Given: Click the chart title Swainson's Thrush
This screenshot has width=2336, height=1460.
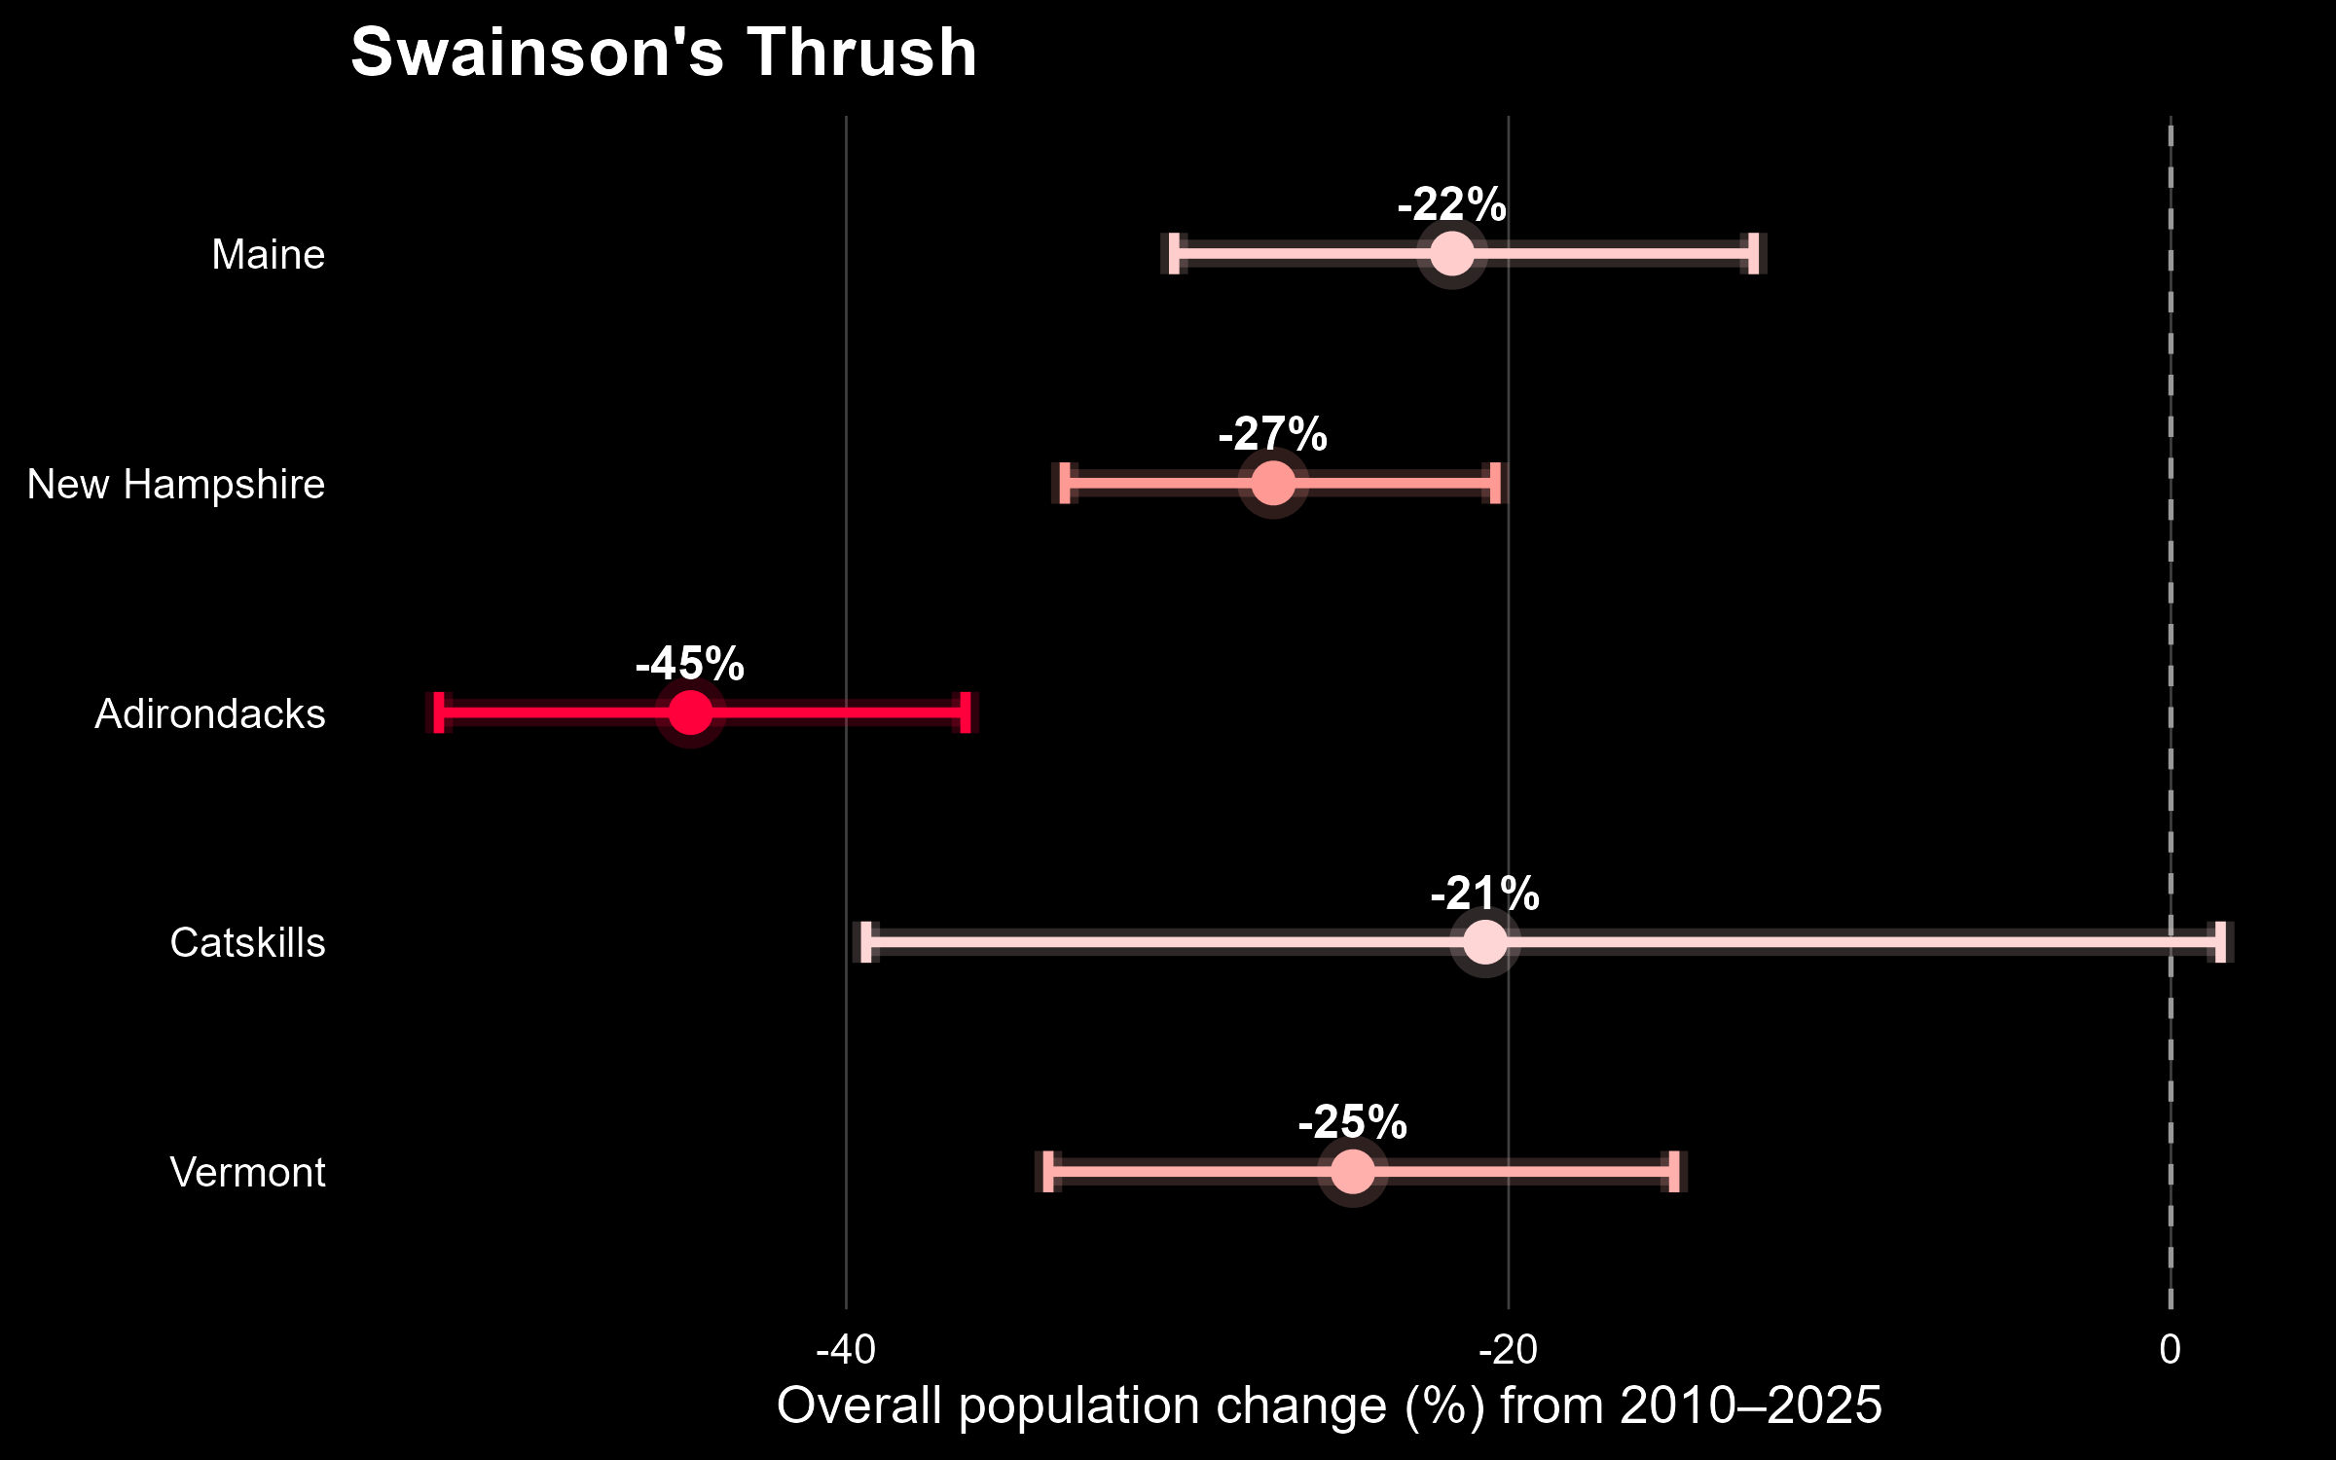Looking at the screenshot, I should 663,53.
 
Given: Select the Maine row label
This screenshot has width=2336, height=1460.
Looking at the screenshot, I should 269,255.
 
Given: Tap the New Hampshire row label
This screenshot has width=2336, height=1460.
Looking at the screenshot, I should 176,485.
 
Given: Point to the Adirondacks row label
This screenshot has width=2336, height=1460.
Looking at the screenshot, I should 210,714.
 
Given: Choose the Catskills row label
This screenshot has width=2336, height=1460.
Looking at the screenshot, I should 247,943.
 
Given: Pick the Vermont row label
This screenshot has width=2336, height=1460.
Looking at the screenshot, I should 247,1173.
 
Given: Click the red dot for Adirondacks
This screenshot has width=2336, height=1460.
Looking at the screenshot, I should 690,712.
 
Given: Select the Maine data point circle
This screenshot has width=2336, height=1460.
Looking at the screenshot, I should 1452,254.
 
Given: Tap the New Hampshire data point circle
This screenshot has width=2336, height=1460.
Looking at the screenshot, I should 1273,484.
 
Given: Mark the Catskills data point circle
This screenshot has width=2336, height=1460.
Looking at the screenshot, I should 1485,942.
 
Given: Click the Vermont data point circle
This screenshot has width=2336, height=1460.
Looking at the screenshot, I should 1353,1172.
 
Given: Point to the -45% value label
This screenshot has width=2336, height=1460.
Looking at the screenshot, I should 690,665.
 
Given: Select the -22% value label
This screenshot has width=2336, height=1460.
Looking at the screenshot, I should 1452,205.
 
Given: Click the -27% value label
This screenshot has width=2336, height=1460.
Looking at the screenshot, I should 1273,435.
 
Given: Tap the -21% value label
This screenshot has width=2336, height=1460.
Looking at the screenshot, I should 1485,894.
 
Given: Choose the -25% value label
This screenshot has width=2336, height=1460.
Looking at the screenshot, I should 1353,1123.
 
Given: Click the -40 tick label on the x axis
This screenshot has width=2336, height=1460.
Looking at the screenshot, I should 846,1350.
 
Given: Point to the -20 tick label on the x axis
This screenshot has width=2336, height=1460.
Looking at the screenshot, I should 1508,1350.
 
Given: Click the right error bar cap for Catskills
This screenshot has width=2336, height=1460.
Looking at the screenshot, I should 2220,942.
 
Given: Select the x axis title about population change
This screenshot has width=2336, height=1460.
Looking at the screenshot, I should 1330,1406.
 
